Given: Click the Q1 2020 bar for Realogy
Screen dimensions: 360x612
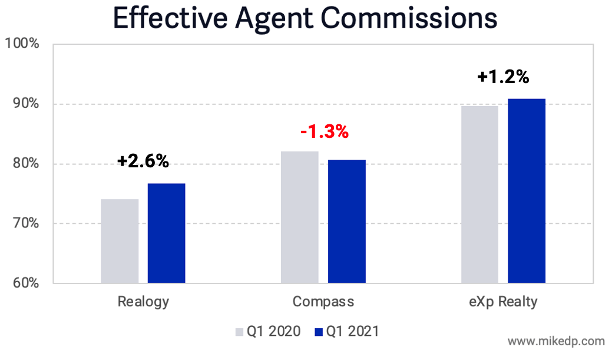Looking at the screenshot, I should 120,241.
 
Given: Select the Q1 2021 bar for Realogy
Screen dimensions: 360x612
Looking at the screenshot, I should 166,233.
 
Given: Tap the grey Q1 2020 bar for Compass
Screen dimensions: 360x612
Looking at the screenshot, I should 299,217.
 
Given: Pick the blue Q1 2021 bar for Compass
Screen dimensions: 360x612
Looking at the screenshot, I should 346,222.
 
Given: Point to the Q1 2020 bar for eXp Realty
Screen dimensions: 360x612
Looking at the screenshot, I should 479,194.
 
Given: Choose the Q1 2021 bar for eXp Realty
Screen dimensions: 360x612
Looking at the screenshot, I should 526,191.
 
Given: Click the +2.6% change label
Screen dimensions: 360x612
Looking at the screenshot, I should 143,161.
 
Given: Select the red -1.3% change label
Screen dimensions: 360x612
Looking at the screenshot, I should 324,131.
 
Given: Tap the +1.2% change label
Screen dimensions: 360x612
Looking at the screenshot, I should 503,77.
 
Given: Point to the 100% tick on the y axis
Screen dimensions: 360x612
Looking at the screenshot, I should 22,44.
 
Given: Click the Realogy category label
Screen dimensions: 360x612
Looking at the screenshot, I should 143,302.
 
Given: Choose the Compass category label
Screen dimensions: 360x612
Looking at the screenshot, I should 323,302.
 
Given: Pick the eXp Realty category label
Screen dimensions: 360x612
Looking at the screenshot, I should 503,302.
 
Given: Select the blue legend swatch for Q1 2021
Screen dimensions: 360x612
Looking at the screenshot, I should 319,332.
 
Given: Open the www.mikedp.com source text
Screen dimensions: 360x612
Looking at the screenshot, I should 555,341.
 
